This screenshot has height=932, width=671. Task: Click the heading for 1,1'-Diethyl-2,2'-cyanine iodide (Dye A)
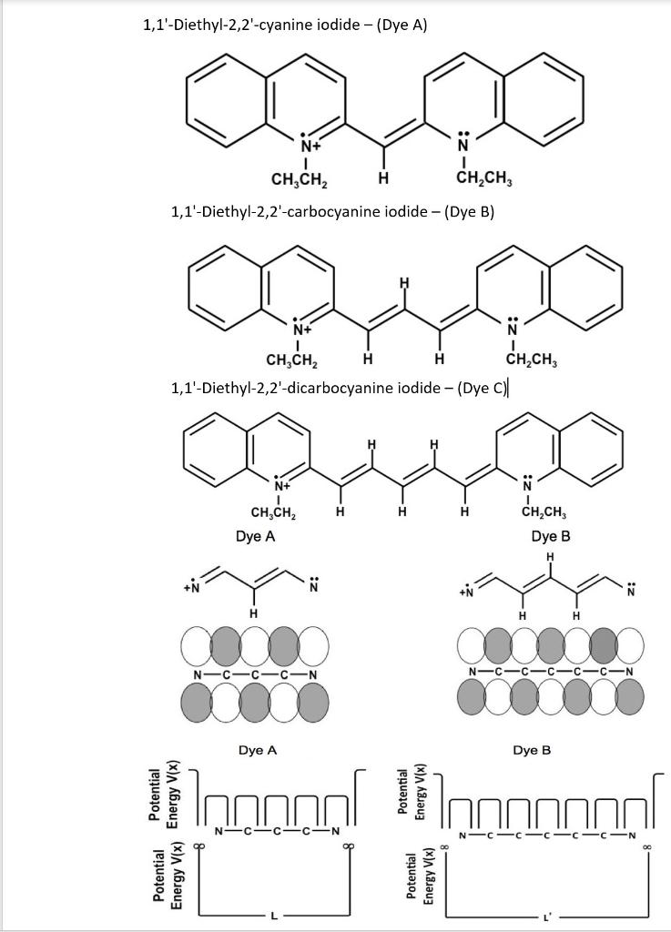pyautogui.click(x=285, y=25)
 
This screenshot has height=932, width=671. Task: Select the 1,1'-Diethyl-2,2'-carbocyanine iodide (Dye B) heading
pyautogui.click(x=332, y=212)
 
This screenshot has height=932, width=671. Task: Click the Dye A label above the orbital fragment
pyautogui.click(x=255, y=537)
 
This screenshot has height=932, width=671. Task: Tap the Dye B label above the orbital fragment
pyautogui.click(x=551, y=537)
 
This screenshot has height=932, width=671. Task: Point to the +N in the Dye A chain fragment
pyautogui.click(x=190, y=588)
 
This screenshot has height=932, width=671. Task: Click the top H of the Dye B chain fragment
pyautogui.click(x=550, y=557)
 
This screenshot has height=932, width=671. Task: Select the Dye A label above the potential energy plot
pyautogui.click(x=257, y=751)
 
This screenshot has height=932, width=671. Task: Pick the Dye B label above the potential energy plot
pyautogui.click(x=532, y=751)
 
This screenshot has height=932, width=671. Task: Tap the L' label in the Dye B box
pyautogui.click(x=546, y=917)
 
